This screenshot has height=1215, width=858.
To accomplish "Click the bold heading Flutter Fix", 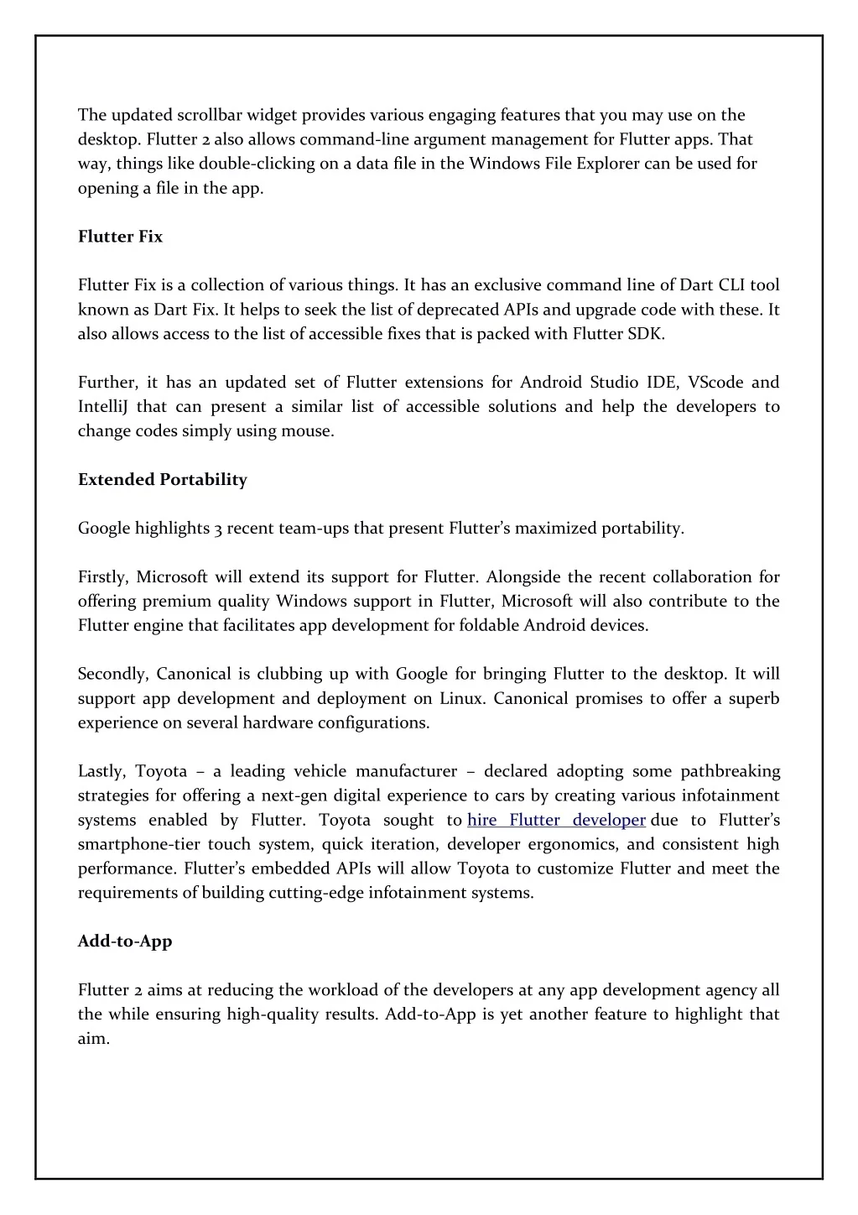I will [120, 237].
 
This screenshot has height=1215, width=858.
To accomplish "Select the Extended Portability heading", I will [163, 480].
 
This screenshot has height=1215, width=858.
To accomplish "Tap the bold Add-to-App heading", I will [125, 941].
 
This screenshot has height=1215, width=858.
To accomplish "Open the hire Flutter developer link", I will [556, 820].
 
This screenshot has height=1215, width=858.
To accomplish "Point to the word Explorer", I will [608, 164].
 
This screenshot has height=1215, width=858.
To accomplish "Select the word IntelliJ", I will [102, 407].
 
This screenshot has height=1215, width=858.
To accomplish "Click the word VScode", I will [715, 383].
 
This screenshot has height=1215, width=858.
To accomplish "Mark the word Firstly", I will [102, 577].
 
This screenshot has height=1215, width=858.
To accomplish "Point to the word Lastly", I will [101, 771].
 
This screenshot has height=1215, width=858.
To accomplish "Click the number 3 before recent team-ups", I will [217, 529].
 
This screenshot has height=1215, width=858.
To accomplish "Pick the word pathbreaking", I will [730, 771].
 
